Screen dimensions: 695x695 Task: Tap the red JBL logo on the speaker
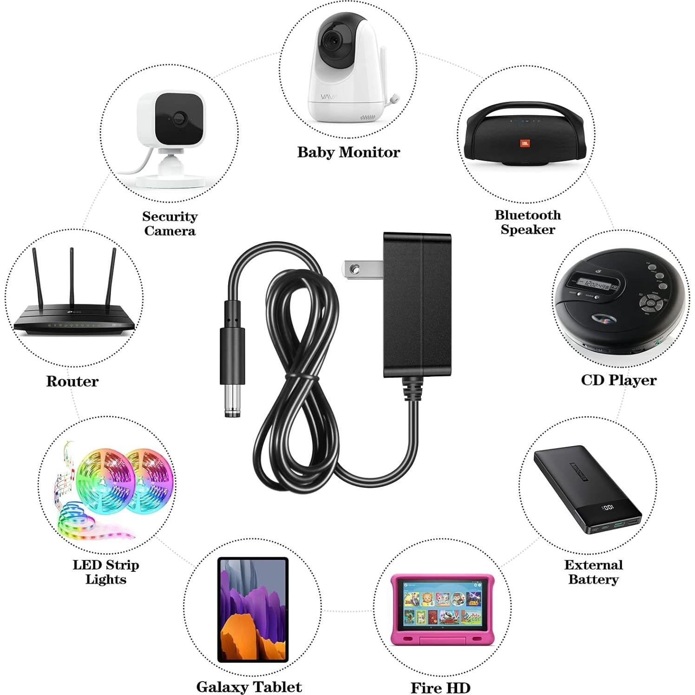click(x=525, y=143)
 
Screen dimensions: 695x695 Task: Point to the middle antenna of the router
click(x=72, y=279)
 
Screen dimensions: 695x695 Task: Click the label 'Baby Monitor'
click(x=348, y=152)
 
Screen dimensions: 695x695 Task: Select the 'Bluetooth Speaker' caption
click(x=528, y=222)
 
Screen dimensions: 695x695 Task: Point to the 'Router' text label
click(x=72, y=381)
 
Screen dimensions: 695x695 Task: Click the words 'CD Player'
click(x=618, y=380)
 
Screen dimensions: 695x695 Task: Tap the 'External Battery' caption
click(x=593, y=572)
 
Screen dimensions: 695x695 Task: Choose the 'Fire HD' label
click(x=440, y=687)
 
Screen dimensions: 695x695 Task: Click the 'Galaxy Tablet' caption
click(x=249, y=686)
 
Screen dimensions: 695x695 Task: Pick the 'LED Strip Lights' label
click(x=106, y=572)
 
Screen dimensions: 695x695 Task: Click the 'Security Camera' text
click(x=170, y=223)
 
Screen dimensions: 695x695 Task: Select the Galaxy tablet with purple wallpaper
click(x=253, y=610)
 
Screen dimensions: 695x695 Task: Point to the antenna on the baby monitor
click(x=387, y=70)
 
